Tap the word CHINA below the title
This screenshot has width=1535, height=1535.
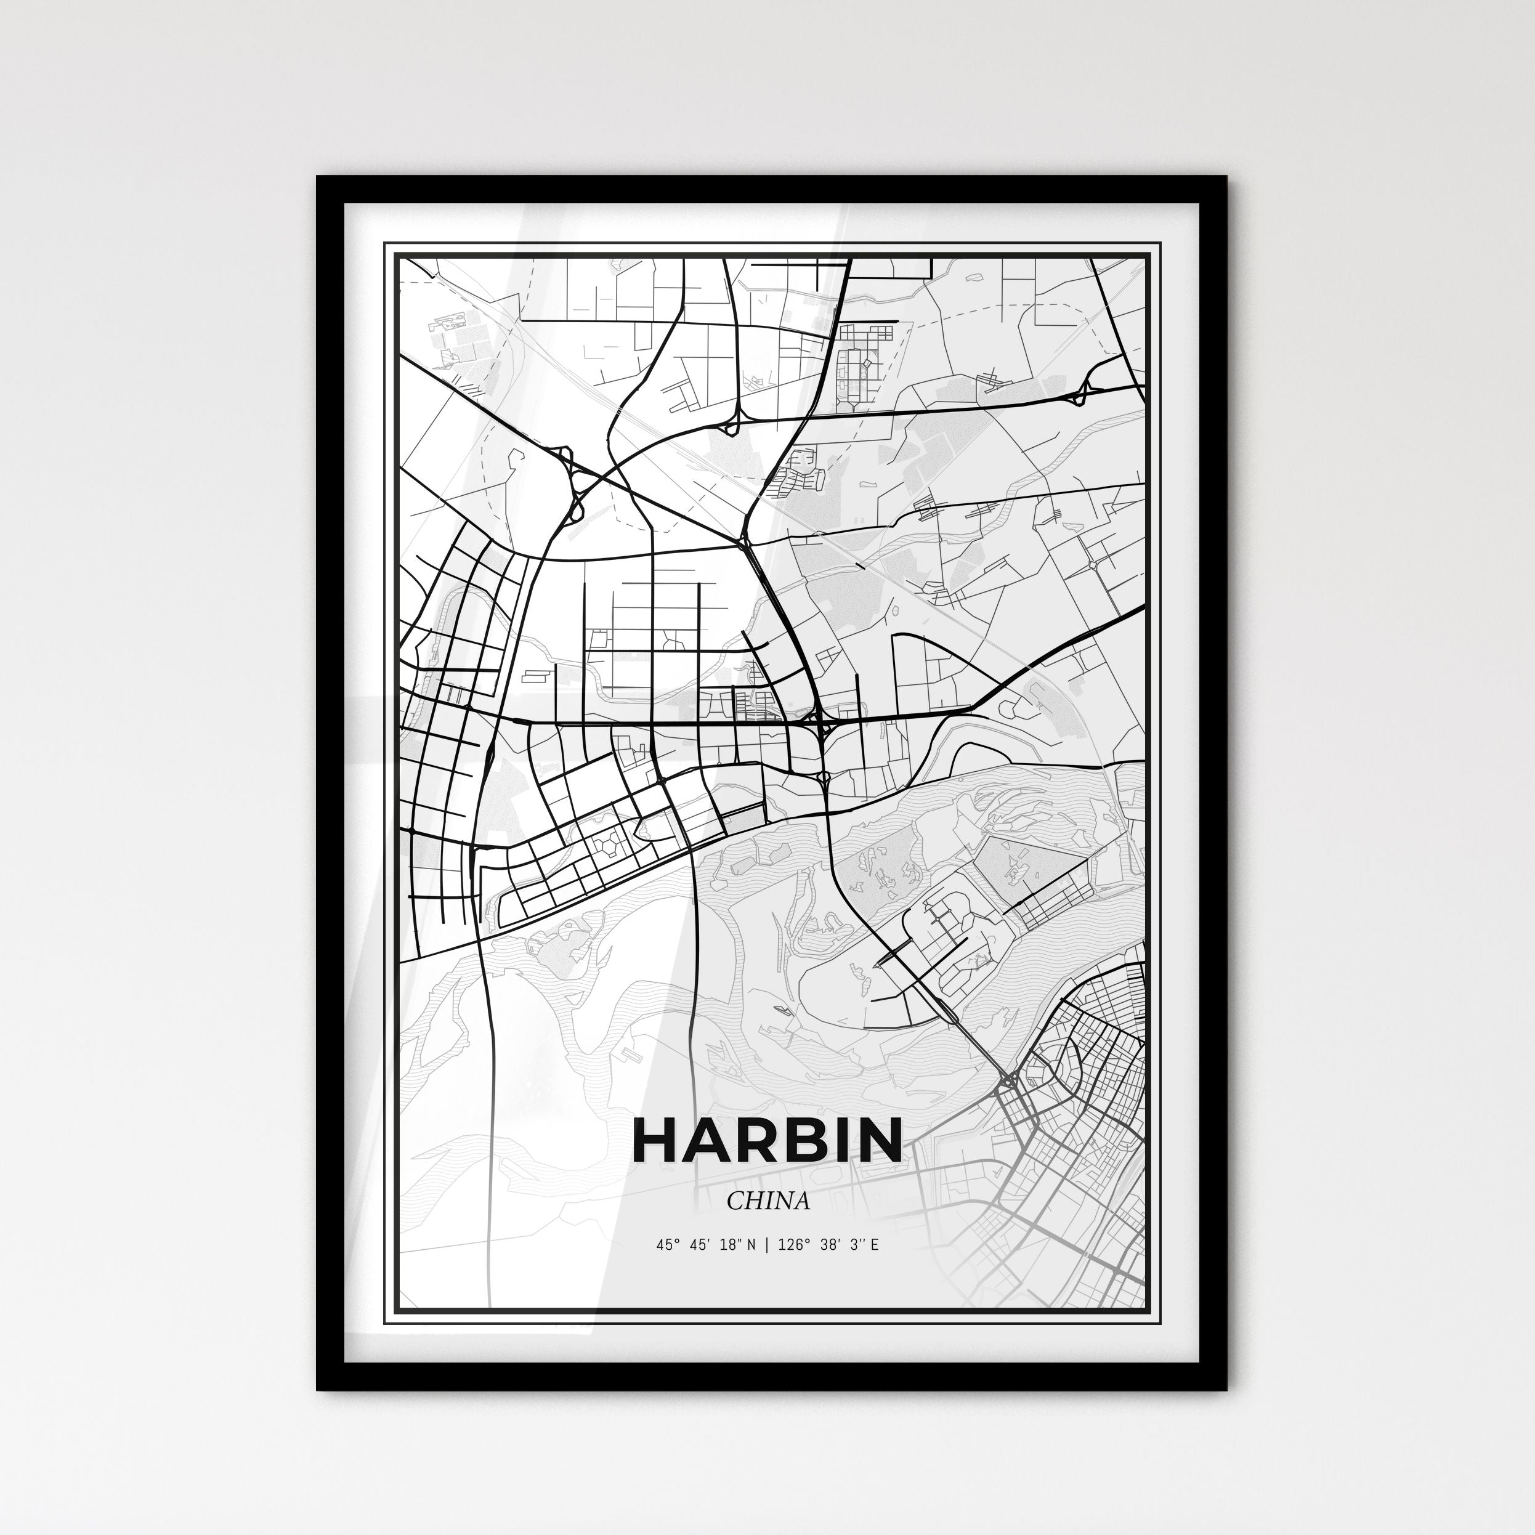coord(768,1201)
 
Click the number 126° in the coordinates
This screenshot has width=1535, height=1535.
coord(792,1245)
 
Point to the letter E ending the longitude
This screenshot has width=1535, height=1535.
coord(874,1245)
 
